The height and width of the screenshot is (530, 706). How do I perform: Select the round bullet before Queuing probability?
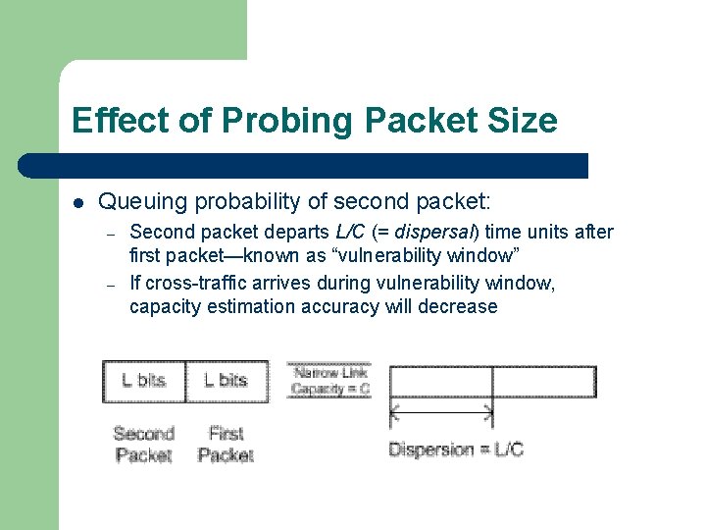78,203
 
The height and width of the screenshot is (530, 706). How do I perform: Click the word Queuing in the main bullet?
143,202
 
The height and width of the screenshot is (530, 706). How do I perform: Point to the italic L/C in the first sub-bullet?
345,233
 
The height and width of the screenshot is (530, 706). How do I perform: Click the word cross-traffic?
199,284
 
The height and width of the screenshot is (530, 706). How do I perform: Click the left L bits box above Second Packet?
143,381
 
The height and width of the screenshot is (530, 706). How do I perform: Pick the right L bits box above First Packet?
226,381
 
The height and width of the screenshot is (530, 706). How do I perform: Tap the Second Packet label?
143,445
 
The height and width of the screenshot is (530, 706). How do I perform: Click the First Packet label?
226,445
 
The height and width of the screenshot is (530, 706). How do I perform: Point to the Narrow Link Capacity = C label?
329,381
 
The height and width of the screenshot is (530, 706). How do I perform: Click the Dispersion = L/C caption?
456,450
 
